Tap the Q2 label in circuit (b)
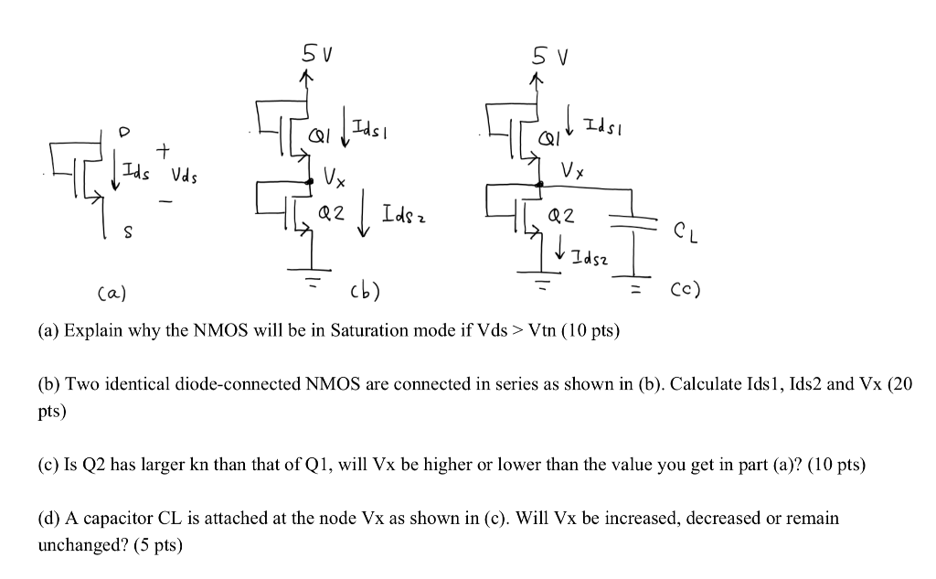331,215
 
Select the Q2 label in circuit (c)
559,217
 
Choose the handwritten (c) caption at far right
682,290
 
